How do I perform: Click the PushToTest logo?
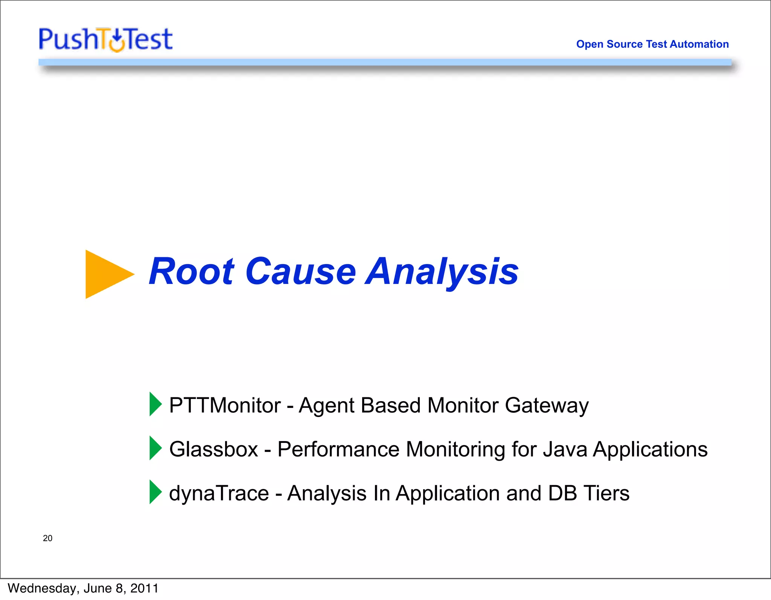point(106,39)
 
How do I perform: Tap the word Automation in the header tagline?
point(699,44)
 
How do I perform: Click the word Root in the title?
point(192,272)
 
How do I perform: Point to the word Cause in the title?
point(300,272)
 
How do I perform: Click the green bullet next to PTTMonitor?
point(155,404)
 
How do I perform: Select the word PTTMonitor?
point(225,406)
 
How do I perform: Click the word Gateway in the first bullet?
point(546,406)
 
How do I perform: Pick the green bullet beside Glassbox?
point(155,448)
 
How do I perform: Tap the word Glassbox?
point(213,449)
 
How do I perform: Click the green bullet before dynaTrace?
point(155,492)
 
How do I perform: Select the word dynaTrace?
point(219,493)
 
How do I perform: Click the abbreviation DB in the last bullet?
point(562,493)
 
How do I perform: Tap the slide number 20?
point(48,538)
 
